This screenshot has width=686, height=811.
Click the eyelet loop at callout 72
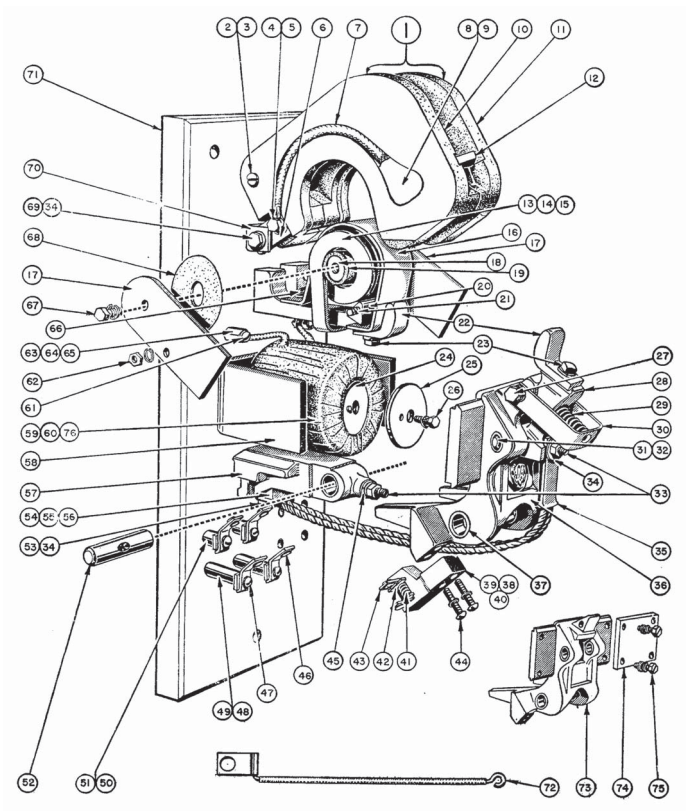(x=496, y=776)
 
